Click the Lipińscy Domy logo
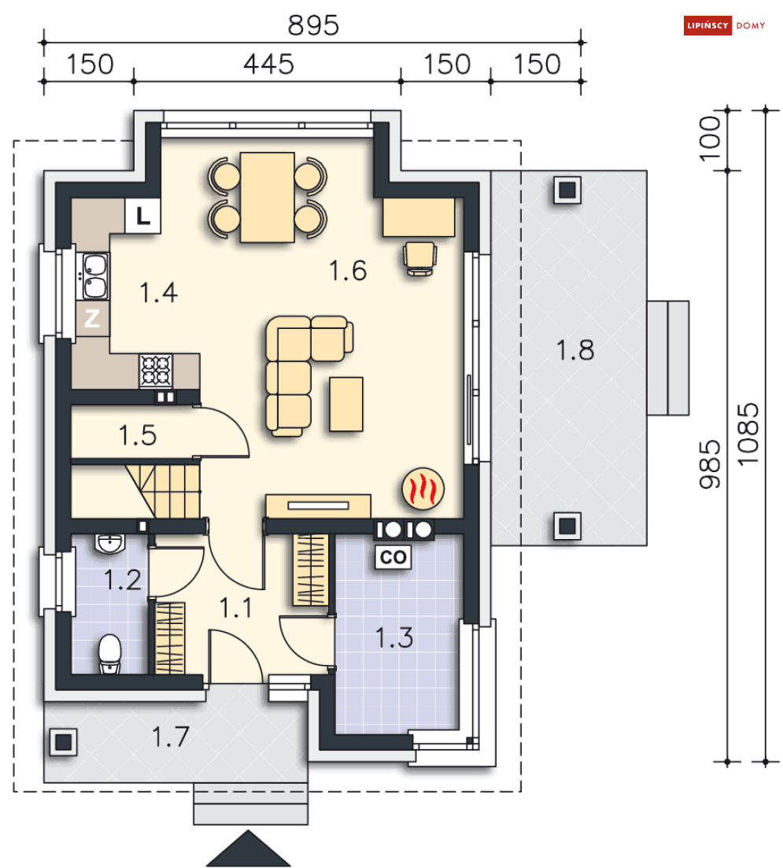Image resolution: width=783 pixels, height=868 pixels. pos(724,25)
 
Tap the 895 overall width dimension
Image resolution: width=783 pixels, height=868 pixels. pos(313,25)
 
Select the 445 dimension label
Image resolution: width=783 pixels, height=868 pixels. pos(268,65)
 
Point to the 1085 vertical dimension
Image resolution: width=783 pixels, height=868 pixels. pos(748,434)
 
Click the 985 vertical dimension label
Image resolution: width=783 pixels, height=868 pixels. pos(710,464)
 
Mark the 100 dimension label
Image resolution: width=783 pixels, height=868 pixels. pos(710,139)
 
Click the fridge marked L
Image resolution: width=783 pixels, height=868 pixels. pos(143,216)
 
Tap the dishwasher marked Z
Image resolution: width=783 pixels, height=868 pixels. pos(93,318)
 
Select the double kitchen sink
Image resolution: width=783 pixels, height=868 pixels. pos(96,276)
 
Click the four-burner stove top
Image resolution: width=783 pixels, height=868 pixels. pos(156,371)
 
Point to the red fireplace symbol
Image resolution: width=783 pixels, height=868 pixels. pos(423,488)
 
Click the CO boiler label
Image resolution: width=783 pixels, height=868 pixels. pos(393,557)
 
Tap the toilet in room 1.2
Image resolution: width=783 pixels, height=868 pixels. pos(109,654)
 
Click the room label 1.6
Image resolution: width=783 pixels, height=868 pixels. pos(348,271)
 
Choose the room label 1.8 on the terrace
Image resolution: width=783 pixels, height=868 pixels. pos(574,350)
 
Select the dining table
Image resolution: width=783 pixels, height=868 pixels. pos(268,197)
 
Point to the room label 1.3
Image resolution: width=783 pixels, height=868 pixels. pos(394,637)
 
